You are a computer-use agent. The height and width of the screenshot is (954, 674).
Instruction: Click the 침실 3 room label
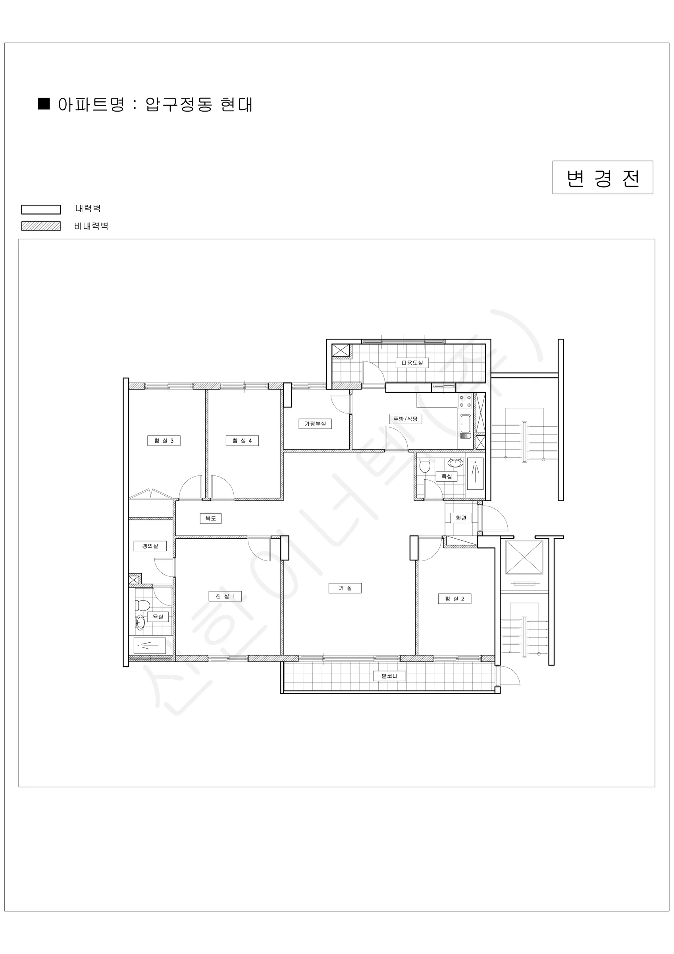tap(164, 440)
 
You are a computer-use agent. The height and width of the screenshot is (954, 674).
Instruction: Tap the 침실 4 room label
tap(243, 440)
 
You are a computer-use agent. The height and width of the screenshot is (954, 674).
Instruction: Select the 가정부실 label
tap(315, 424)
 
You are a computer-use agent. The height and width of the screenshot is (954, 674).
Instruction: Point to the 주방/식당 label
tap(406, 419)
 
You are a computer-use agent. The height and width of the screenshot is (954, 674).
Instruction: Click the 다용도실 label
tap(412, 363)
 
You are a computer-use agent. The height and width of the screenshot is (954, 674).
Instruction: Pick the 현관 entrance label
tap(461, 518)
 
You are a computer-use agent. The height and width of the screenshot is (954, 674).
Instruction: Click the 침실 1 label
tap(225, 596)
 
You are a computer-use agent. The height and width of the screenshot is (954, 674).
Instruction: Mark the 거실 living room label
tap(345, 588)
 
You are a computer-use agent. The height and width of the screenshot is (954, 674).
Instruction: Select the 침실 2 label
tap(454, 599)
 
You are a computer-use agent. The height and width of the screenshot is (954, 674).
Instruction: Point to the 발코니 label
tap(389, 676)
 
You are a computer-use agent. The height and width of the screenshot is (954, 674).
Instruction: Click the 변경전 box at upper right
tap(603, 177)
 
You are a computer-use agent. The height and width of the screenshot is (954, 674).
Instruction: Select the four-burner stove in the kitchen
tap(465, 401)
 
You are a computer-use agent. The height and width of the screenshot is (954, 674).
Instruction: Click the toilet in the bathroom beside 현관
tap(425, 465)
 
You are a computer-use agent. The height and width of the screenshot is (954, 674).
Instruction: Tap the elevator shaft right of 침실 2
tap(524, 557)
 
